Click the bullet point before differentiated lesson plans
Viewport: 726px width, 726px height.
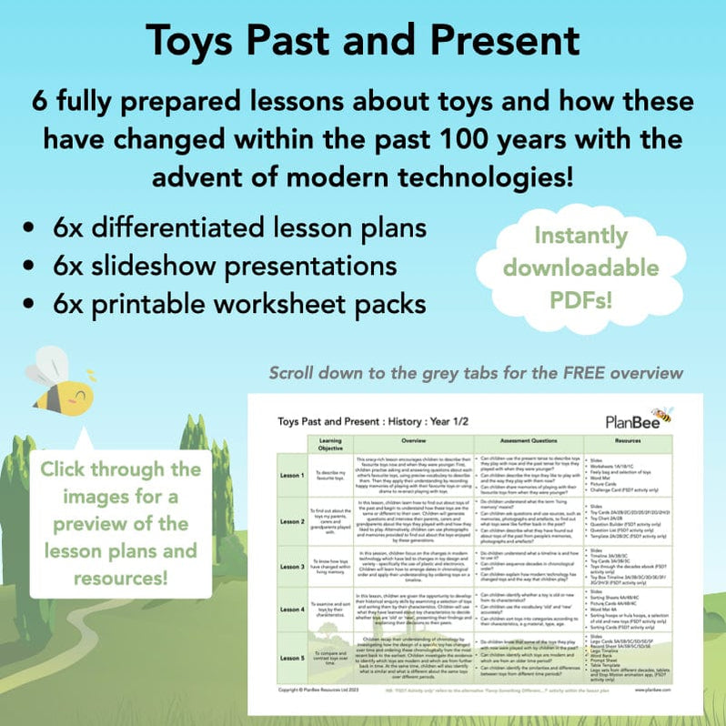pos(32,227)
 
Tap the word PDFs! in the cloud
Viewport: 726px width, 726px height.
pos(582,298)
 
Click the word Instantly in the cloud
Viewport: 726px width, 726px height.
pos(582,237)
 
